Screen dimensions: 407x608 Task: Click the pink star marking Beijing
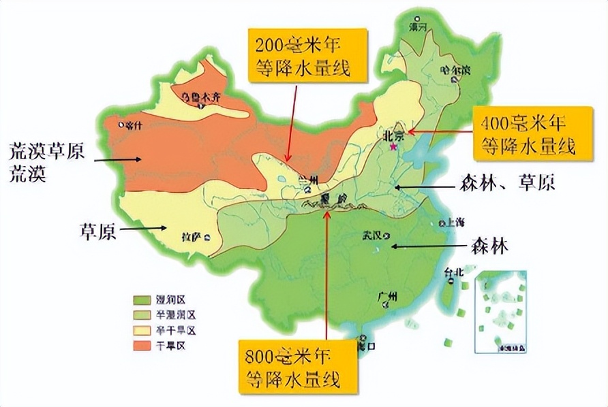[x=393, y=146]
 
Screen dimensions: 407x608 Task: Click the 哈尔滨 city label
[x=455, y=69]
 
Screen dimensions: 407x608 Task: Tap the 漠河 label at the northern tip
[x=417, y=28]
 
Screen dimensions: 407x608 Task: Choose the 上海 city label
[x=455, y=223]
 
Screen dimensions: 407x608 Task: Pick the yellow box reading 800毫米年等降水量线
[x=298, y=367]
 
